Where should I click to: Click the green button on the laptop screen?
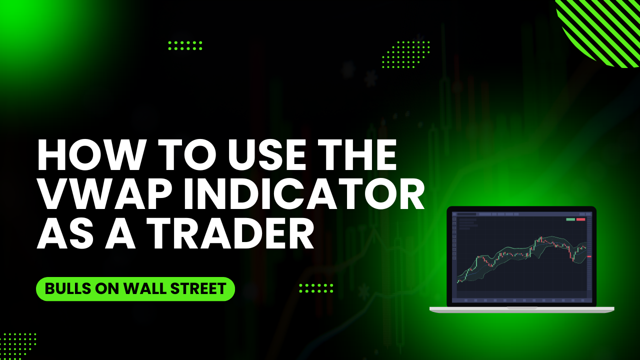click(570, 219)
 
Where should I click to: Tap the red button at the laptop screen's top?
click(581, 219)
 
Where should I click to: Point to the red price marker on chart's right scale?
click(589, 256)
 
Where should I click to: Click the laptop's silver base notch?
click(521, 308)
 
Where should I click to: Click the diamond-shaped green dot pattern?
click(405, 54)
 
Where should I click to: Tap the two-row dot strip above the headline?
click(185, 45)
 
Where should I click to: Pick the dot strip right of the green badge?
click(316, 288)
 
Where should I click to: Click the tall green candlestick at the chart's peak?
click(541, 240)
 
